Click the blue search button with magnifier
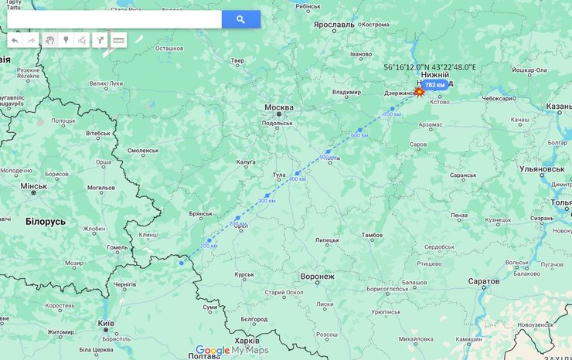240,19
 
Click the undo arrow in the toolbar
15,40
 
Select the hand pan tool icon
49,40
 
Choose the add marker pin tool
66,40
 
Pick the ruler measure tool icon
118,40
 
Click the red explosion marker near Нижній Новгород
419,92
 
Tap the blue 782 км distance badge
435,85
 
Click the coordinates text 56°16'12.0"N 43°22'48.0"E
430,68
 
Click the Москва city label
279,107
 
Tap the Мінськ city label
34,186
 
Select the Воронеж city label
317,276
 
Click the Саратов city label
484,281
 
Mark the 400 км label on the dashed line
297,179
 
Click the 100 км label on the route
209,246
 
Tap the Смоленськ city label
143,150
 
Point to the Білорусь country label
46,222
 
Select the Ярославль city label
334,25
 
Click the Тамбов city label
372,235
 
